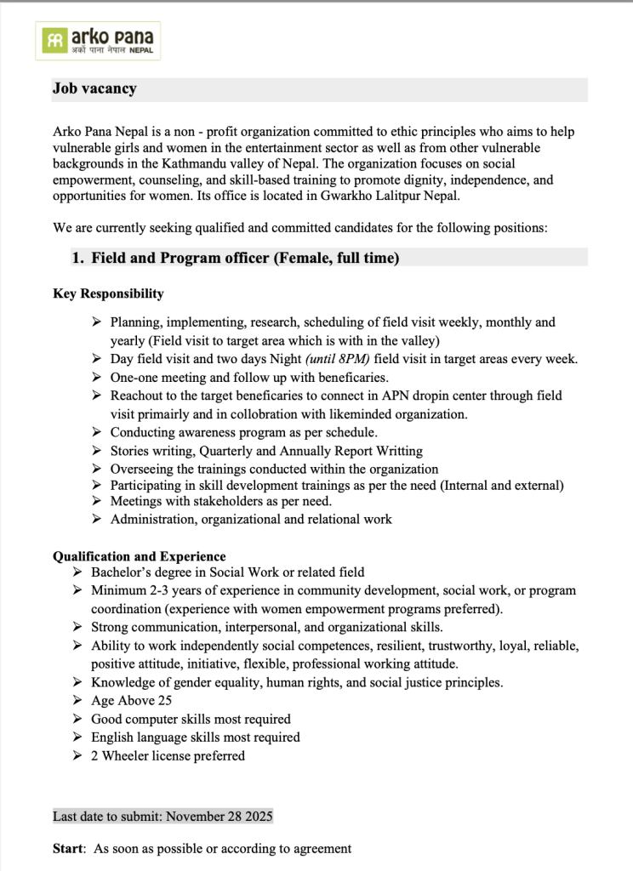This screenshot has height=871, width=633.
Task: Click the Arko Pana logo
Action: (x=98, y=40)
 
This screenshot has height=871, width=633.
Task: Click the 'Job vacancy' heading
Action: (x=94, y=88)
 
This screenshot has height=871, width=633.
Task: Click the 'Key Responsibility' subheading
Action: (x=108, y=293)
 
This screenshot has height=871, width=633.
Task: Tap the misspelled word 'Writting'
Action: (x=396, y=451)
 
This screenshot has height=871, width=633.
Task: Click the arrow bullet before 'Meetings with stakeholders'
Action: (x=96, y=501)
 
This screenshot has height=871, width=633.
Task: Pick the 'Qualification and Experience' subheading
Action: (x=140, y=556)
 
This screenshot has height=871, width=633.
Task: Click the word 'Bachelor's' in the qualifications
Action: (x=123, y=572)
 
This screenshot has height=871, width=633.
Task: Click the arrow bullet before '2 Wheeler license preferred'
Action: (x=77, y=756)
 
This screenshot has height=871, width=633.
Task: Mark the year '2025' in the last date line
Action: (x=257, y=817)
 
